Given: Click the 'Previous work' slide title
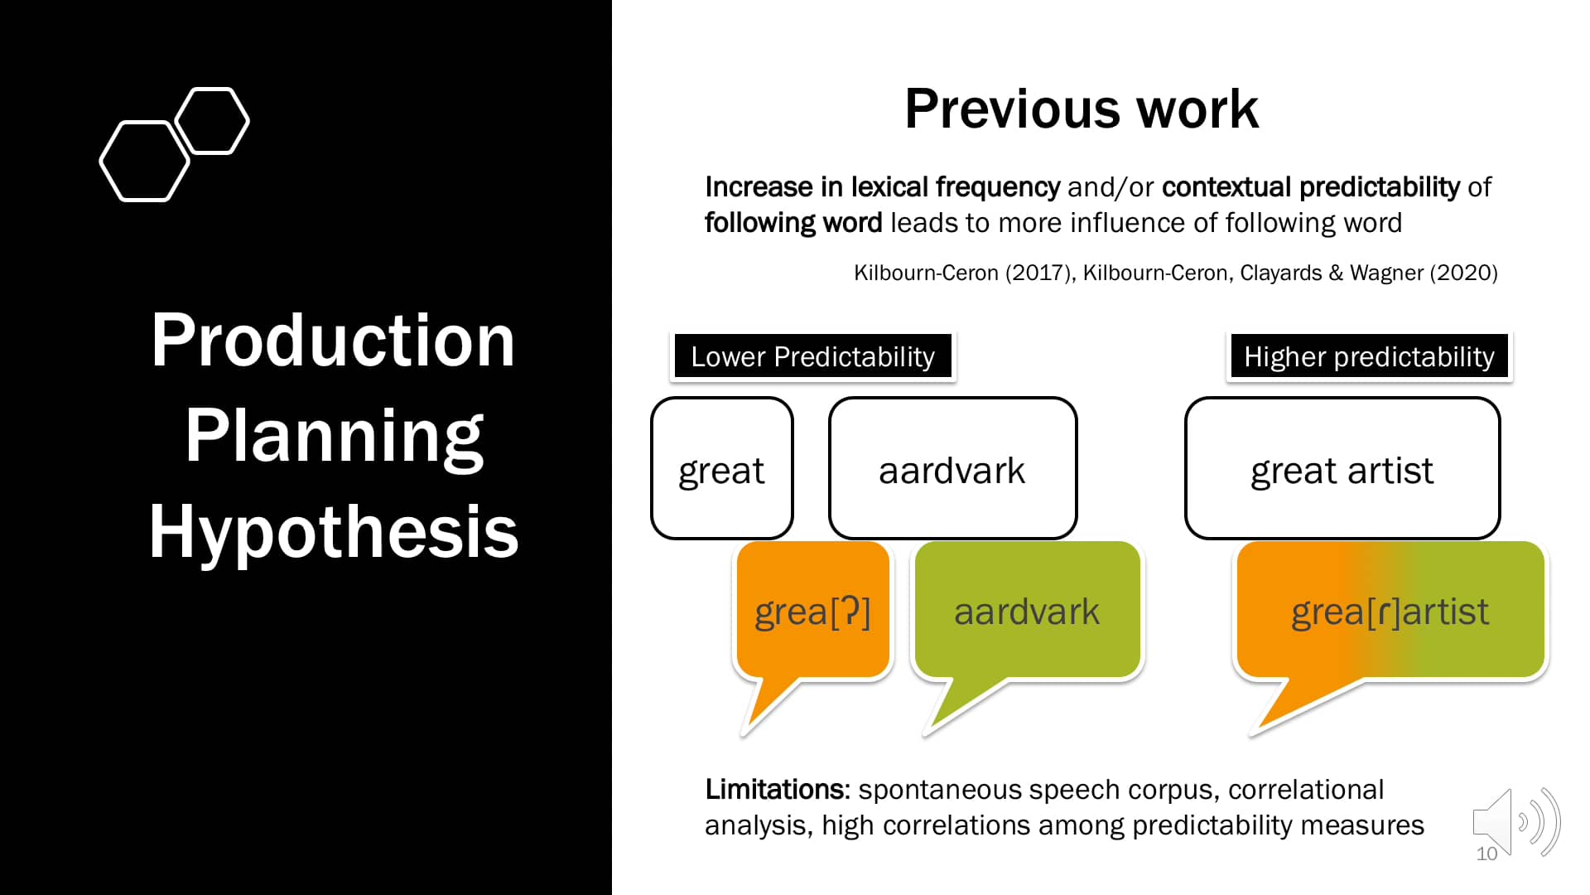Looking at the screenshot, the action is pos(1081,109).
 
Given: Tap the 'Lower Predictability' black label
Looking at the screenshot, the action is pos(812,356).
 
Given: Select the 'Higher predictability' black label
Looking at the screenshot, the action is pos(1369,356).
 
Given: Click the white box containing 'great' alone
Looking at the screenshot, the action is pos(721,468).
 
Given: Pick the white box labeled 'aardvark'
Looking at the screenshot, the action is pos(952,468).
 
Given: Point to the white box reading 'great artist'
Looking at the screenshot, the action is pos(1342,468).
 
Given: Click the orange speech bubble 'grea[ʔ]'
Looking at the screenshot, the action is pos(812,611).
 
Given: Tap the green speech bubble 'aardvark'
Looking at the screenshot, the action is pos(1027,611).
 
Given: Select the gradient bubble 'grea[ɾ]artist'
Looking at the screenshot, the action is pos(1390,611).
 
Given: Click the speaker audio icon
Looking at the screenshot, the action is pos(1516,822).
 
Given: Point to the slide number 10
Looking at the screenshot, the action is pos(1486,854).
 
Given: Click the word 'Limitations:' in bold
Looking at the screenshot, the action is pos(778,790).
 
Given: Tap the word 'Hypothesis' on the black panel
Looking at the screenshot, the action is pos(334,531).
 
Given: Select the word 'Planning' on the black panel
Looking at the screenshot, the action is pos(334,436).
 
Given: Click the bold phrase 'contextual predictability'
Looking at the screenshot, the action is pos(1311,187).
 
